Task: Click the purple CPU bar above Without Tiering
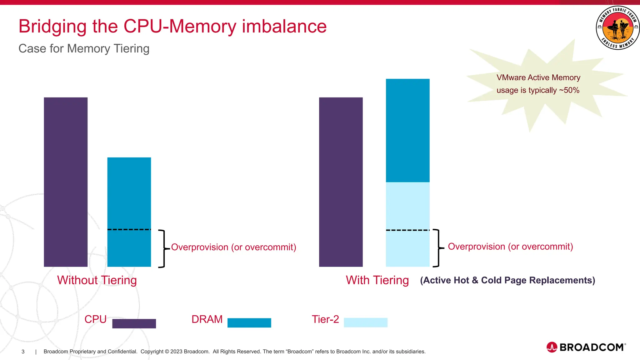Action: tap(66, 182)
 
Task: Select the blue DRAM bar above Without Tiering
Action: tap(129, 194)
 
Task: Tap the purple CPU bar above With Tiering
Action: tap(341, 182)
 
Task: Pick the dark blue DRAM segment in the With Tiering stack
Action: tap(407, 130)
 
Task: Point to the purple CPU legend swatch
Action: tap(134, 323)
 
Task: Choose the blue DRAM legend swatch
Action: tap(249, 323)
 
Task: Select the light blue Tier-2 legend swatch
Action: tap(365, 322)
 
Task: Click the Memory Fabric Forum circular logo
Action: tap(617, 28)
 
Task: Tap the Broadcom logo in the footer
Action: tap(586, 347)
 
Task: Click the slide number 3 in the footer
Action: tap(23, 352)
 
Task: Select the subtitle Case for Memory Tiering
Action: tap(84, 49)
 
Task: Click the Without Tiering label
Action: tap(97, 280)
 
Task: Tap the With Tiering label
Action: tap(377, 280)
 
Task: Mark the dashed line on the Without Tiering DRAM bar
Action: tap(129, 230)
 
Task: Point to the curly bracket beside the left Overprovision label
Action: tap(162, 249)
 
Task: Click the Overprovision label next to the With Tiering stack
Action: tap(510, 247)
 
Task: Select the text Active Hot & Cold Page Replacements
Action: tap(507, 280)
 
